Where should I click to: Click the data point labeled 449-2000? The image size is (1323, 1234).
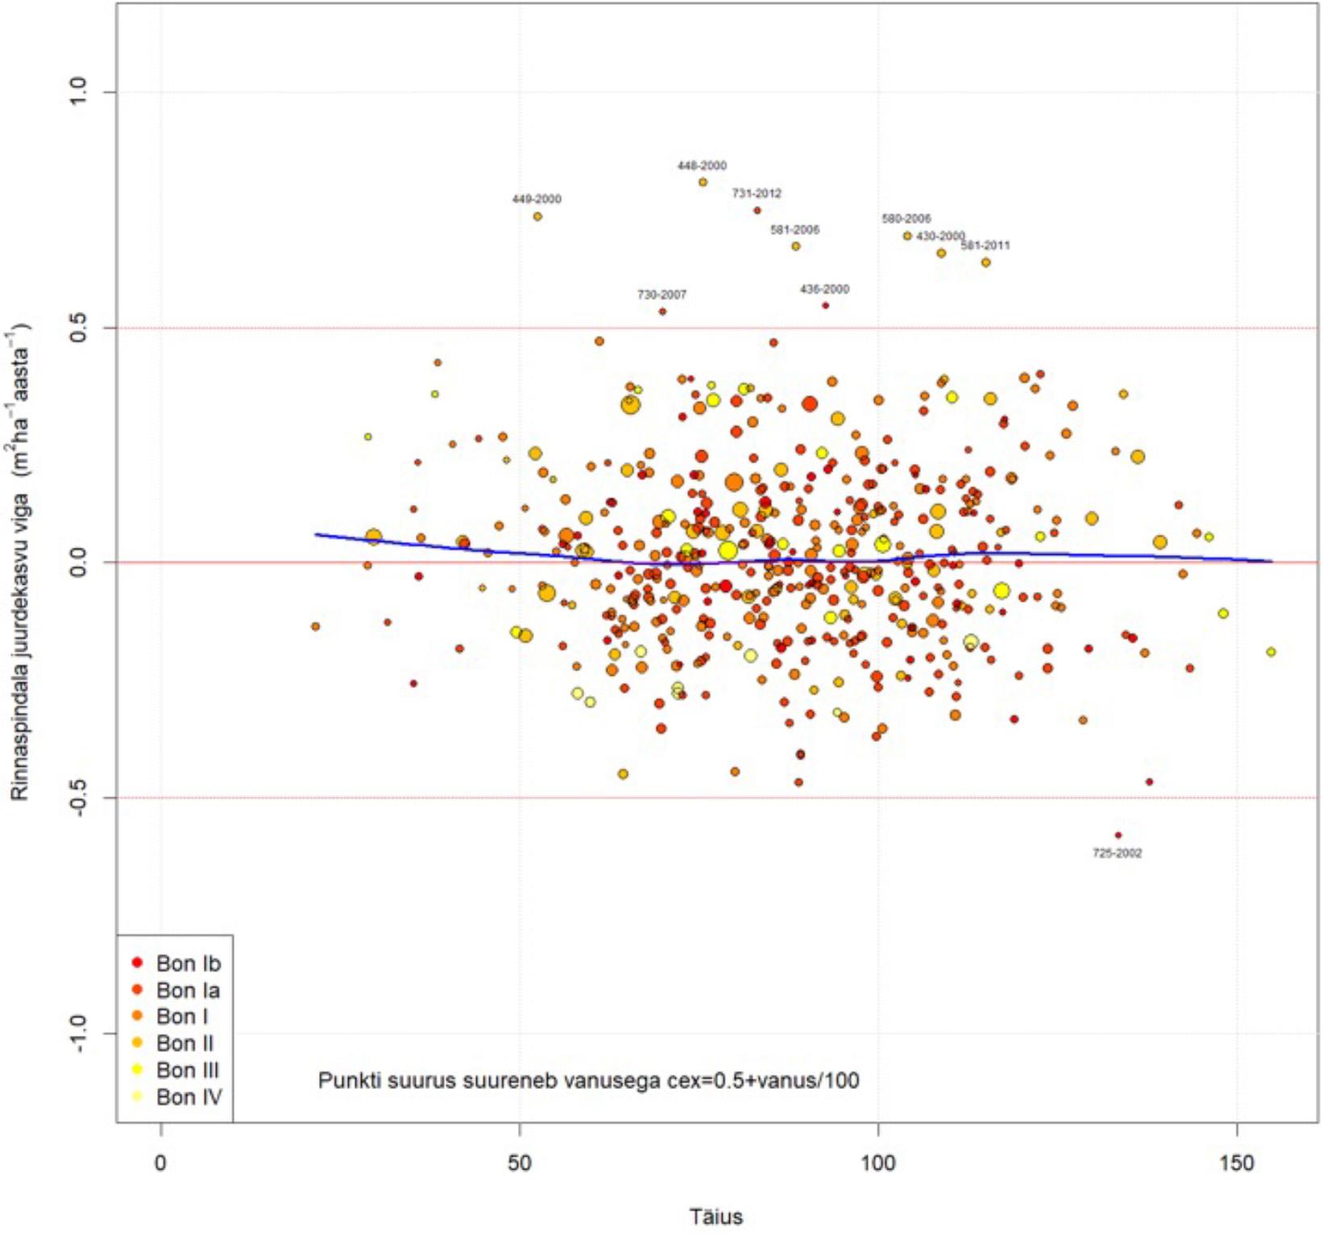[537, 216]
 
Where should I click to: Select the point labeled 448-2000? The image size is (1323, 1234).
[703, 182]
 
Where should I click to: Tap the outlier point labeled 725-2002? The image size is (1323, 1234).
[1118, 835]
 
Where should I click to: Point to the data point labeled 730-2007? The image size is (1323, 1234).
[662, 311]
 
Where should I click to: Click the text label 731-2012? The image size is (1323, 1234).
[757, 193]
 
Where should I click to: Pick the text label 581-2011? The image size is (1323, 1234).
[985, 245]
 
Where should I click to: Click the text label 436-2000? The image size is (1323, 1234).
[824, 289]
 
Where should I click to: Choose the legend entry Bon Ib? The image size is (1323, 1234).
[188, 963]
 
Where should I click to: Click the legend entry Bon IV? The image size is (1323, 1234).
[189, 1097]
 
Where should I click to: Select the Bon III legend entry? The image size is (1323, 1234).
[187, 1070]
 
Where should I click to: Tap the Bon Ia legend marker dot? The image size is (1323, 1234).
[137, 989]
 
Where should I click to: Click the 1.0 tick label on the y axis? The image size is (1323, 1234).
[78, 91]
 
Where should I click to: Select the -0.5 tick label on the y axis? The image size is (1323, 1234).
[78, 797]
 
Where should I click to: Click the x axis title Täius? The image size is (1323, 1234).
[716, 1216]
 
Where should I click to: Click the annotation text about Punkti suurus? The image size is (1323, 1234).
[588, 1080]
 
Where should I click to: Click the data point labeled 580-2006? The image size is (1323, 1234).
[907, 236]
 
